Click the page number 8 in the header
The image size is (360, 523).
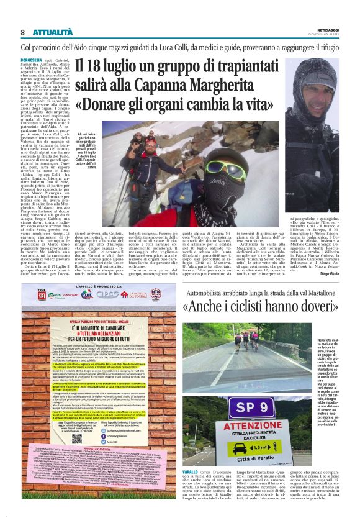pyautogui.click(x=22, y=32)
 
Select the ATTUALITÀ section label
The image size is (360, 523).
pyautogui.click(x=52, y=32)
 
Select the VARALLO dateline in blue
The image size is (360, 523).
pyautogui.click(x=192, y=491)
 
